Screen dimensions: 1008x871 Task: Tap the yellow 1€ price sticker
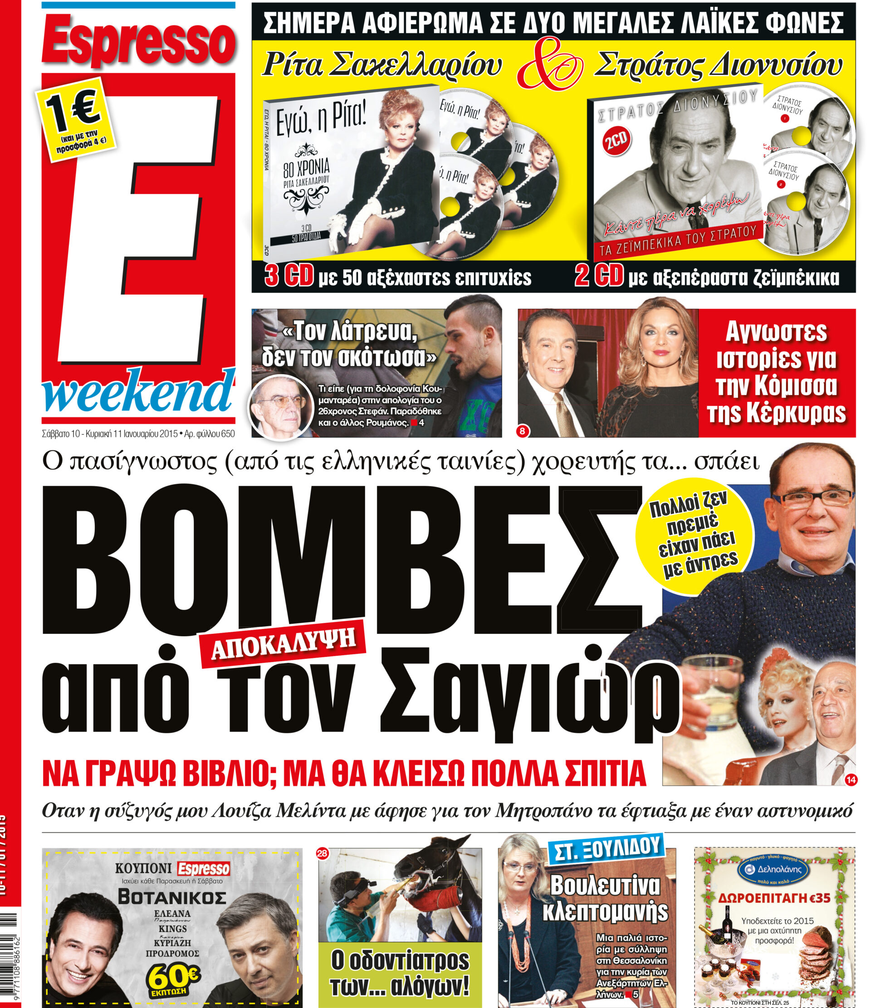76,120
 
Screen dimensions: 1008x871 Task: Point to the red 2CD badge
617,141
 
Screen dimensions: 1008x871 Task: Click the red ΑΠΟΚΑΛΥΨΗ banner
283,646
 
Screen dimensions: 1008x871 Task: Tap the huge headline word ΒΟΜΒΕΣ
341,560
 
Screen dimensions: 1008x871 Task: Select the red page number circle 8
523,430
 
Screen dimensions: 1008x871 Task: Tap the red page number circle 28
322,853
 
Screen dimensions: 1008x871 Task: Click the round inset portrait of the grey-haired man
281,408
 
